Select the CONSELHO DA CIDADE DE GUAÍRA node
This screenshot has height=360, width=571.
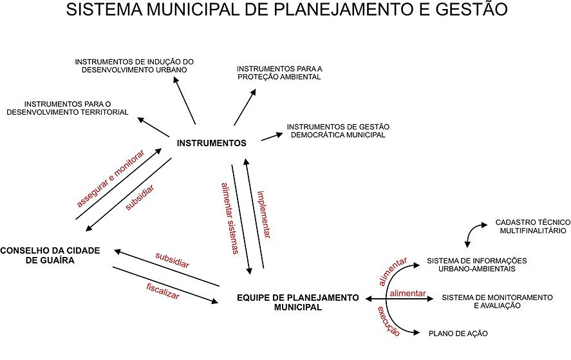[50, 256]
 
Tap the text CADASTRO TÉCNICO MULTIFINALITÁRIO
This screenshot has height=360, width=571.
[530, 225]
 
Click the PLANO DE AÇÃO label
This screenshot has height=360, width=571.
[458, 334]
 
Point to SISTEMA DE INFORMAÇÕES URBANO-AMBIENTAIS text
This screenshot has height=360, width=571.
[477, 265]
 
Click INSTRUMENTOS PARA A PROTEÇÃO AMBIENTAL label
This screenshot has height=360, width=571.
[279, 72]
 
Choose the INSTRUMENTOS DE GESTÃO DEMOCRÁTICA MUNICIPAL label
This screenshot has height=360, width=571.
[337, 131]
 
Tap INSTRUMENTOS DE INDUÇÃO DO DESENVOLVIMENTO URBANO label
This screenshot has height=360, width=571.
[134, 66]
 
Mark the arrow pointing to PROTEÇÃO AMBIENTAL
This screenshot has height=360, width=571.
[244, 106]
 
